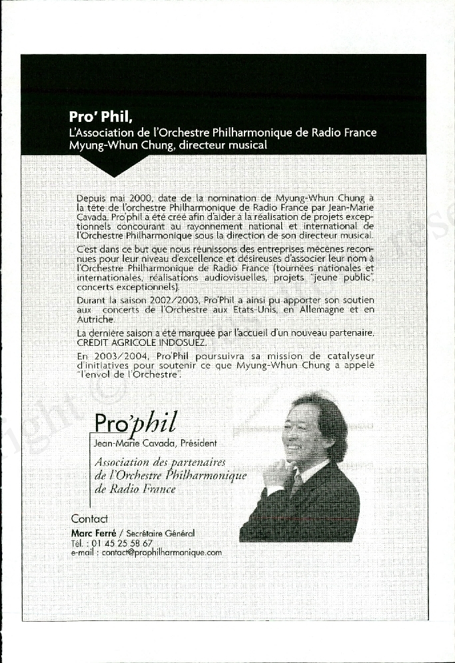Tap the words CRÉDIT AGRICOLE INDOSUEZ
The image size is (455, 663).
point(131,342)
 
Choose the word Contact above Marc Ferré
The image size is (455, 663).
point(89,518)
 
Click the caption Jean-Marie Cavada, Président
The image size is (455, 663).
point(156,443)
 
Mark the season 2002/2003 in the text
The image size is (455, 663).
point(176,301)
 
